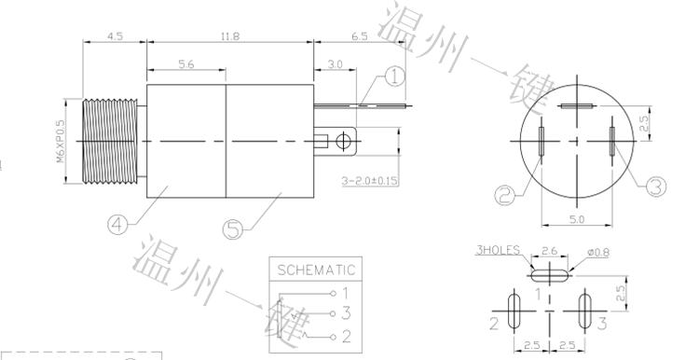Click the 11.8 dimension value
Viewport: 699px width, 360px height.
pyautogui.click(x=230, y=36)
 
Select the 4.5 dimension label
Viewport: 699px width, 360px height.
pyautogui.click(x=115, y=36)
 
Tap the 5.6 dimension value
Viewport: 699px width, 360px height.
pyautogui.click(x=185, y=64)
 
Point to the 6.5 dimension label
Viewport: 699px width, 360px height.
pyautogui.click(x=360, y=36)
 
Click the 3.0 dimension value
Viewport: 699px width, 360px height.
pyautogui.click(x=335, y=64)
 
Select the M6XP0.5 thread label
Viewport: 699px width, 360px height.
pyautogui.click(x=61, y=141)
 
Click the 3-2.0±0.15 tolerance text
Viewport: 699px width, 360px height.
pyautogui.click(x=370, y=181)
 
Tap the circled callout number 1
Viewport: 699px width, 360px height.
pyautogui.click(x=394, y=76)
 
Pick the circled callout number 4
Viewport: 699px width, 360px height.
pyautogui.click(x=117, y=225)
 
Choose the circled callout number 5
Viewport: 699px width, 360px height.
pyautogui.click(x=233, y=229)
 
